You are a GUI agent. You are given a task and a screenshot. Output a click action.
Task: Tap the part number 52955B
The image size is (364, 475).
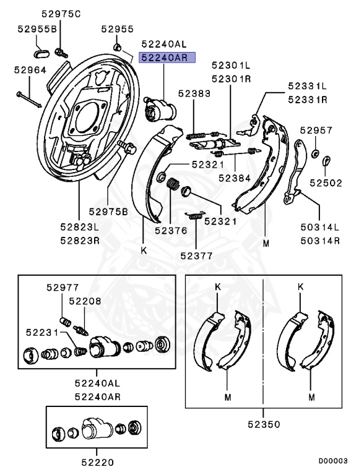pyautogui.click(x=37, y=29)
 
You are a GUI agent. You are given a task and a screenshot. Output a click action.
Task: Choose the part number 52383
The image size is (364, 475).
pyautogui.click(x=194, y=93)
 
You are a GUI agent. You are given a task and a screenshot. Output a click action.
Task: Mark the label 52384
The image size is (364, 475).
pyautogui.click(x=234, y=177)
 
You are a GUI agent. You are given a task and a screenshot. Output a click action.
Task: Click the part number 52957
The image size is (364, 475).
pyautogui.click(x=316, y=131)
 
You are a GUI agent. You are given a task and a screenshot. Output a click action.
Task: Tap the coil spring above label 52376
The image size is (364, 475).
pyautogui.click(x=175, y=184)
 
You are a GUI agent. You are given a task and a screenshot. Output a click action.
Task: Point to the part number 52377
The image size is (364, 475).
pyautogui.click(x=197, y=255)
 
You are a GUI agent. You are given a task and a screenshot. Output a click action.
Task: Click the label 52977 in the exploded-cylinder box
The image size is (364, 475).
pyautogui.click(x=63, y=286)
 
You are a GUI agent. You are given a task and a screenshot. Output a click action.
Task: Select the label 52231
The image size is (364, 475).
pyautogui.click(x=41, y=333)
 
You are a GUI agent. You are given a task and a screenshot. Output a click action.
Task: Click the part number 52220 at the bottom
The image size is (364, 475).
pyautogui.click(x=97, y=461)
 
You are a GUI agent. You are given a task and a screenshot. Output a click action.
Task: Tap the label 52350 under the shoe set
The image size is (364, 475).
pyautogui.click(x=263, y=425)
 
